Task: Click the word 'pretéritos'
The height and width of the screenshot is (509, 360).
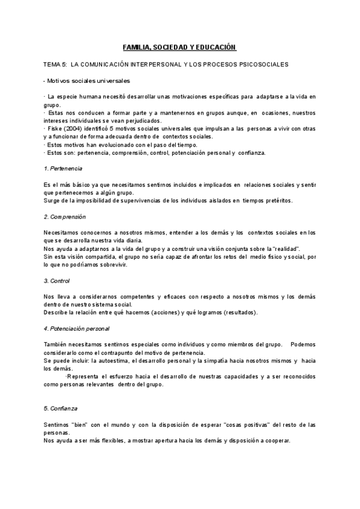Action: (277, 200)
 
